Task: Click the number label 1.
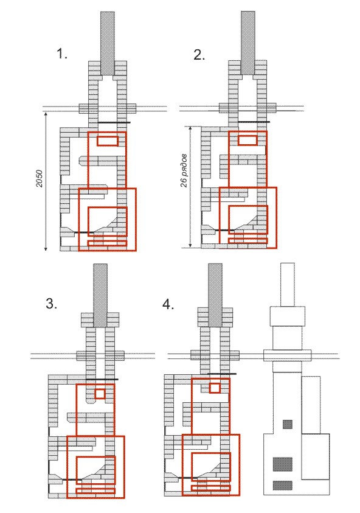62,54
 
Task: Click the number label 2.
199,54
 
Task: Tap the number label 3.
51,304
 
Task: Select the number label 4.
168,304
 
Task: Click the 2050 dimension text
40,178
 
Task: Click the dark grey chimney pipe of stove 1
107,43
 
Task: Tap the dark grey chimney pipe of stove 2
248,43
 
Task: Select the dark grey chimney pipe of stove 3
100,295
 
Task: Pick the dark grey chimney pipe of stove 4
215,295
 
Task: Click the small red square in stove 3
100,394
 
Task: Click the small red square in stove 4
215,388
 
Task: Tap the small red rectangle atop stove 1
108,141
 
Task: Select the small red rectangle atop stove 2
247,141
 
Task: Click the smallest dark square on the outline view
288,424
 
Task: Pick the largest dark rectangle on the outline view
283,464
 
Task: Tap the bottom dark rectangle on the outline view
283,485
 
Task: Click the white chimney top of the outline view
288,285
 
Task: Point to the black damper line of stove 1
114,123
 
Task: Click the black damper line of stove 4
222,374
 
